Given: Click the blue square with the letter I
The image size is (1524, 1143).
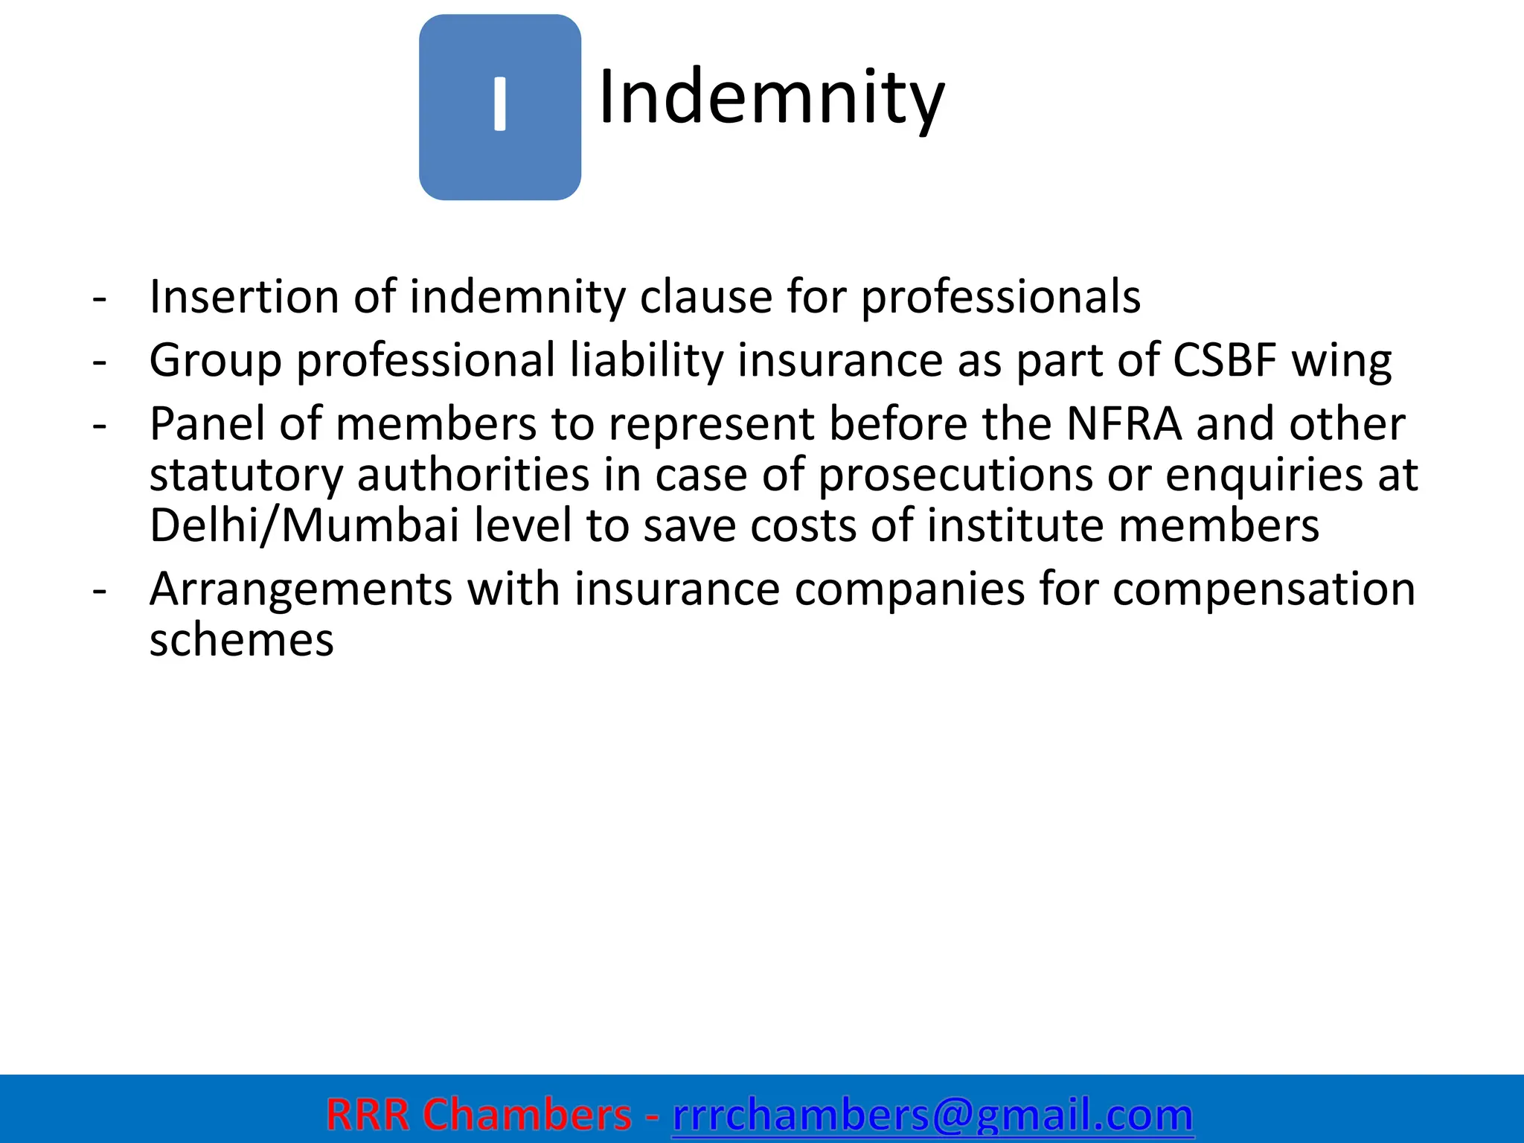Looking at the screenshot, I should point(499,107).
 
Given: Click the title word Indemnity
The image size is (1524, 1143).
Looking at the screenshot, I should point(771,97).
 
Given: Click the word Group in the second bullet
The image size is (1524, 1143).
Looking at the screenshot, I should point(215,361).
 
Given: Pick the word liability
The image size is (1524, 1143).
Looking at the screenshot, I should point(647,361).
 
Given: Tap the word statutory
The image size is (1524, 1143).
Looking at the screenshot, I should point(246,476).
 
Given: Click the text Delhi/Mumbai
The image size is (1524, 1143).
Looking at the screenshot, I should point(304,525).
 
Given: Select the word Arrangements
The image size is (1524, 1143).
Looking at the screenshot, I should point(301,589).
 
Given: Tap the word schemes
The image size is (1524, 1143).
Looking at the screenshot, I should point(241,640).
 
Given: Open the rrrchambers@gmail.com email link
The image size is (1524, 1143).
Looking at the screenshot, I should point(932,1115).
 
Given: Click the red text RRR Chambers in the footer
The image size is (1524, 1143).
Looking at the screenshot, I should point(478,1115).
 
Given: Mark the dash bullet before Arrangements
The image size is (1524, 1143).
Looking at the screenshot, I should point(100,590).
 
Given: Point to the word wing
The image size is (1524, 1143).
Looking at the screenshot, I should point(1341,361).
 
